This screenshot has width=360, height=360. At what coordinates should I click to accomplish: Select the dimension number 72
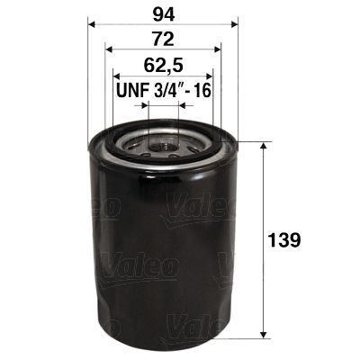163,40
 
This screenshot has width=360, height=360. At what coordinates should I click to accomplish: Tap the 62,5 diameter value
163,66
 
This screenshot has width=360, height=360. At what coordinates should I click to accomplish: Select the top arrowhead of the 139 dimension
264,147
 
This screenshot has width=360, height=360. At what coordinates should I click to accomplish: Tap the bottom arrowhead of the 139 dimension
264,334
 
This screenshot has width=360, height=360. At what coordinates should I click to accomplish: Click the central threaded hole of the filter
163,141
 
